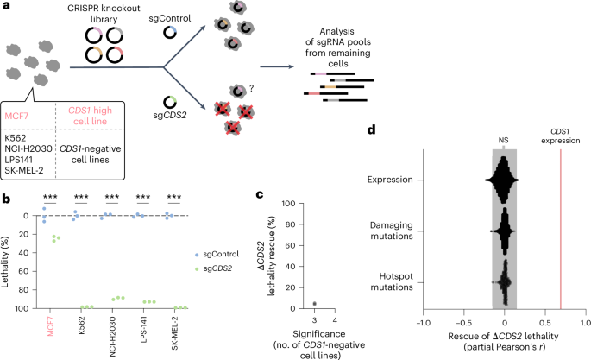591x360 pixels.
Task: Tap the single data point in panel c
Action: (x=315, y=303)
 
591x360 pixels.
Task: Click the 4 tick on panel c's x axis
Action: (x=335, y=320)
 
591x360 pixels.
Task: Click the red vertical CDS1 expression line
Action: (x=562, y=224)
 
